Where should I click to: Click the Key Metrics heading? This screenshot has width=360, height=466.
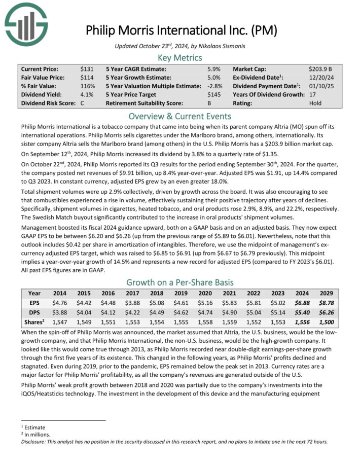[x=180, y=57]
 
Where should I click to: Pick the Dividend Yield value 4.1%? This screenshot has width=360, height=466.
[x=87, y=94]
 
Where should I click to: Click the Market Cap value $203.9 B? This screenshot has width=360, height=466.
[x=320, y=68]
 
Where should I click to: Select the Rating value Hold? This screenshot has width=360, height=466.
[x=315, y=103]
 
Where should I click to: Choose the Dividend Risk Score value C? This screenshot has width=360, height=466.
[x=82, y=103]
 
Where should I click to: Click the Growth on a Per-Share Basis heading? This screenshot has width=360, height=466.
[x=180, y=282]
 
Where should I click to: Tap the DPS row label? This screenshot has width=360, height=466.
[x=34, y=311]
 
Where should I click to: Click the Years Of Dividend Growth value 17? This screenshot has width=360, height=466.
[x=312, y=94]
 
